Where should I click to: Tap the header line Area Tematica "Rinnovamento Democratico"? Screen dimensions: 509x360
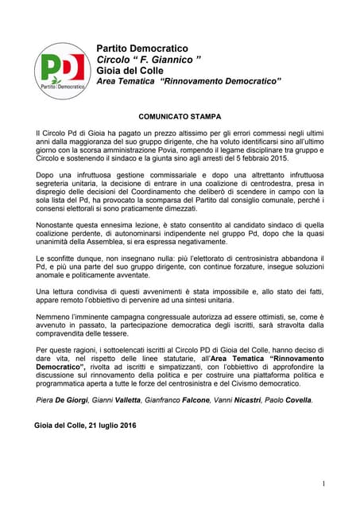(189, 82)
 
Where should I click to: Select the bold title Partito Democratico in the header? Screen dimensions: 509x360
(142, 49)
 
